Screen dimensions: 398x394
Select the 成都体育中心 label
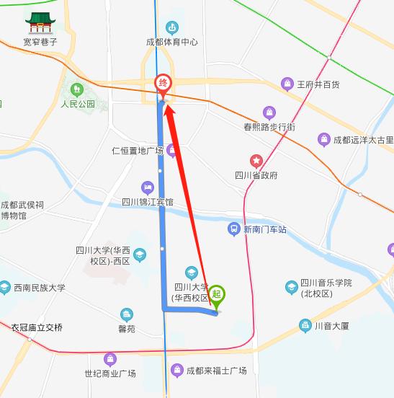click(x=171, y=42)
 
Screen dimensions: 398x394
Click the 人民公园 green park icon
click(x=78, y=89)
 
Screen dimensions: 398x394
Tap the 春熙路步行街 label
click(x=269, y=127)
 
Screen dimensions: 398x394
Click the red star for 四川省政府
click(x=256, y=160)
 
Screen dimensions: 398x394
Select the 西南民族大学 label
click(x=39, y=288)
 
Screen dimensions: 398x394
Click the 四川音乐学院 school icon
click(x=291, y=287)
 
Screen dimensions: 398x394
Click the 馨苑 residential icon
click(x=127, y=315)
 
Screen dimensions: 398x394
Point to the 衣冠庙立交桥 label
click(x=37, y=327)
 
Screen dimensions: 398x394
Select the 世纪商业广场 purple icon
click(x=110, y=358)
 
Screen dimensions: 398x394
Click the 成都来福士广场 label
click(x=216, y=371)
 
